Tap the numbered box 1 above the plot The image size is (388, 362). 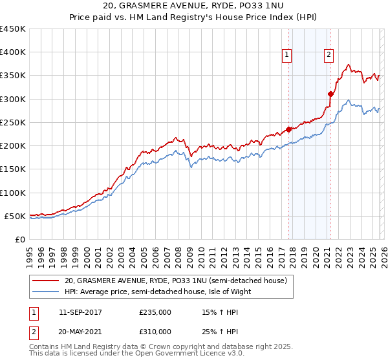(286, 56)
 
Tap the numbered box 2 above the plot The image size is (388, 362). (329, 56)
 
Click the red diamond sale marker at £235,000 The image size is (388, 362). (288, 129)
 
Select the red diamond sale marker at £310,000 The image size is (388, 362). (330, 94)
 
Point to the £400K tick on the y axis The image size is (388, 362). (13, 52)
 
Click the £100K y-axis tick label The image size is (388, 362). (13, 193)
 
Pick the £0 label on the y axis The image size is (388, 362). (19, 239)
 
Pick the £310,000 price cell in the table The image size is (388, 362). (155, 331)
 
